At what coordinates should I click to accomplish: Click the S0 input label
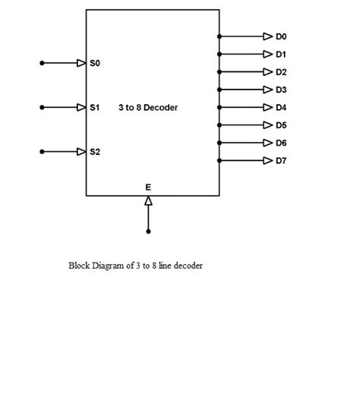(94, 64)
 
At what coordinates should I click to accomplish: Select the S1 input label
(94, 108)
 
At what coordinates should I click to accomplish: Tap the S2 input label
(94, 152)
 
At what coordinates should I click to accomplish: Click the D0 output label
(281, 36)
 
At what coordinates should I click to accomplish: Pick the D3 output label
(281, 90)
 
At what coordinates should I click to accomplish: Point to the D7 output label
(281, 160)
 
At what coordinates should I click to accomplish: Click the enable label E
(148, 186)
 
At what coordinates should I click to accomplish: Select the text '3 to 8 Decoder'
(148, 108)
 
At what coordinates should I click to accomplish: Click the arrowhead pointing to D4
(267, 107)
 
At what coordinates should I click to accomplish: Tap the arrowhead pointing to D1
(267, 54)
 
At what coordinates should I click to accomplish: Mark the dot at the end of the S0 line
(43, 64)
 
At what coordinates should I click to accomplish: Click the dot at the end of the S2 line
(43, 152)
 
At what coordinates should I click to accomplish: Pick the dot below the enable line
(148, 231)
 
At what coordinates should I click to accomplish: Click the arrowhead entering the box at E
(148, 200)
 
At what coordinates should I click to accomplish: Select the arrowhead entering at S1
(81, 108)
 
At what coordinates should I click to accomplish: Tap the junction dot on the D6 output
(219, 143)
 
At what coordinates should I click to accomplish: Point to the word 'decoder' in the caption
(188, 266)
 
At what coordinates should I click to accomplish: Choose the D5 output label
(281, 125)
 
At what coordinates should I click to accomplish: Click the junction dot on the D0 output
(219, 36)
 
